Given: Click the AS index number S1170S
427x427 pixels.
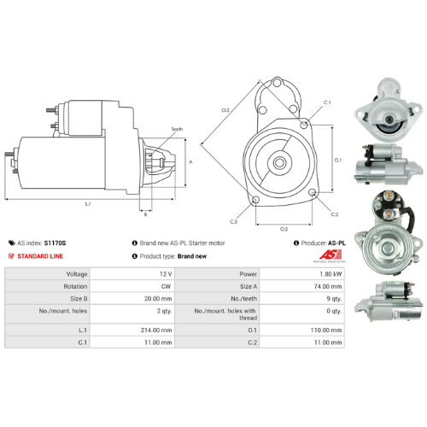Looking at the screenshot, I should click(x=55, y=243).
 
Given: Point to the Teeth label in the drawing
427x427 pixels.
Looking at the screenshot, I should click(x=177, y=129).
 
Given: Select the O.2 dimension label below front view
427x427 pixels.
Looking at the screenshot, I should click(x=284, y=229).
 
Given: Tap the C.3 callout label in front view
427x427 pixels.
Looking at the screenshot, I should click(x=232, y=222).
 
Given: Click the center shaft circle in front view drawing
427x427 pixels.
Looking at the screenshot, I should click(x=279, y=161).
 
